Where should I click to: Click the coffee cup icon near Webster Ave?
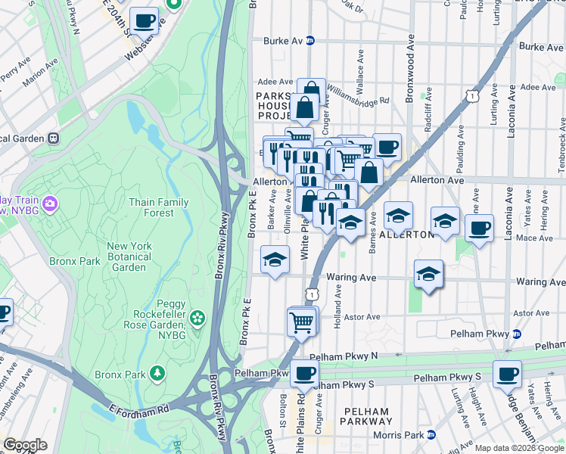point(144,21)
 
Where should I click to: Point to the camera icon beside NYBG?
point(50,203)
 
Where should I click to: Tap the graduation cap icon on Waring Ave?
point(429,274)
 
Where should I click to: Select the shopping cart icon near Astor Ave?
point(302,322)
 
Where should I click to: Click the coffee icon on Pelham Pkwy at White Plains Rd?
point(305,373)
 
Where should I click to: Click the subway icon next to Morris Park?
point(431,434)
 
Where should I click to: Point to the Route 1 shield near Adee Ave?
point(472,95)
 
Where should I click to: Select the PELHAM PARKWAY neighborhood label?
point(367,415)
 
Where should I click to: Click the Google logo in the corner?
point(24,445)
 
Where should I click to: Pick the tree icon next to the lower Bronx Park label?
point(157,373)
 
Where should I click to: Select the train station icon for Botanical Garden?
point(53,138)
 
